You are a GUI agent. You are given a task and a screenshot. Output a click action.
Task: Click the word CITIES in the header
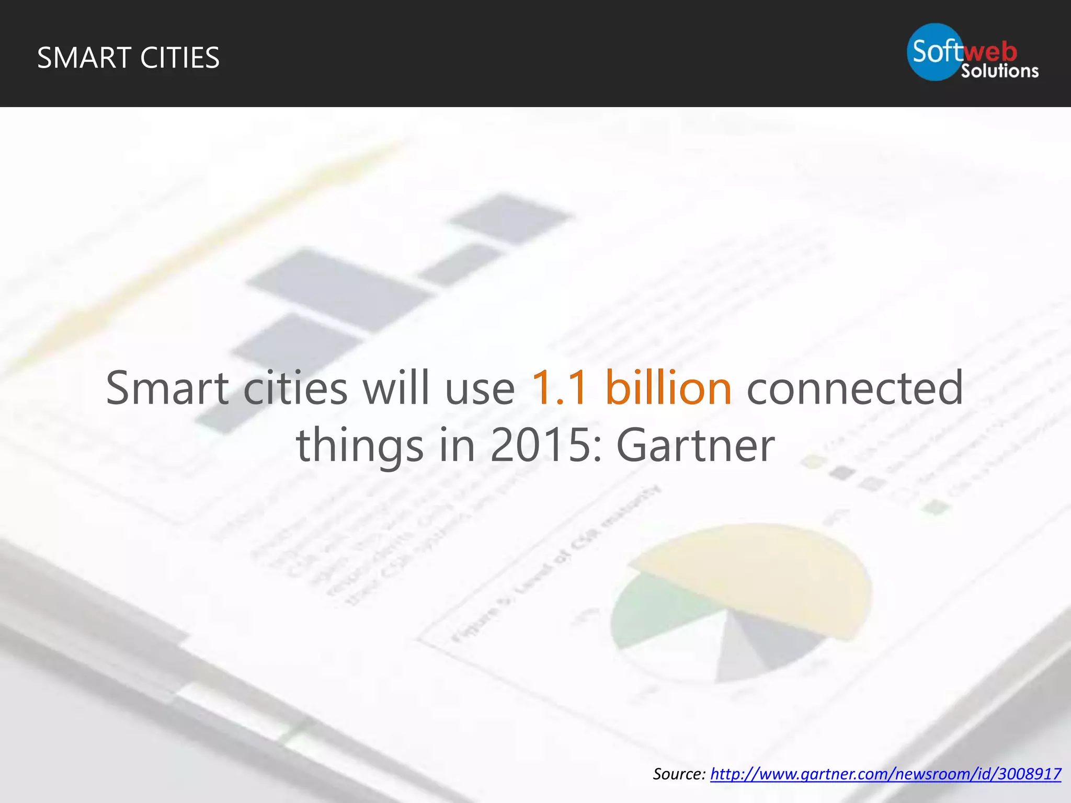[180, 58]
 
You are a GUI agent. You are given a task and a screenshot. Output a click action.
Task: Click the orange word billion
[668, 388]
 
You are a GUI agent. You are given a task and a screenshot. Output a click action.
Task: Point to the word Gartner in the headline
[695, 445]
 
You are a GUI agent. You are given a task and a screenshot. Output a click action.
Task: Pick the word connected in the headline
[854, 388]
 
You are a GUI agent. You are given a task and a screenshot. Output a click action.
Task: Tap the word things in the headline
[360, 445]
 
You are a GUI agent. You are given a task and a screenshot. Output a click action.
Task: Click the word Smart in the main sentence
[167, 388]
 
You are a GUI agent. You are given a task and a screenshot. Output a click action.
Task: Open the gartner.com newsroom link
[885, 774]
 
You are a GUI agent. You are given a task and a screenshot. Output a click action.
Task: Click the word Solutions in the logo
[999, 71]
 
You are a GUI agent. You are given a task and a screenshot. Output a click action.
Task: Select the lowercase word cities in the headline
[295, 388]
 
